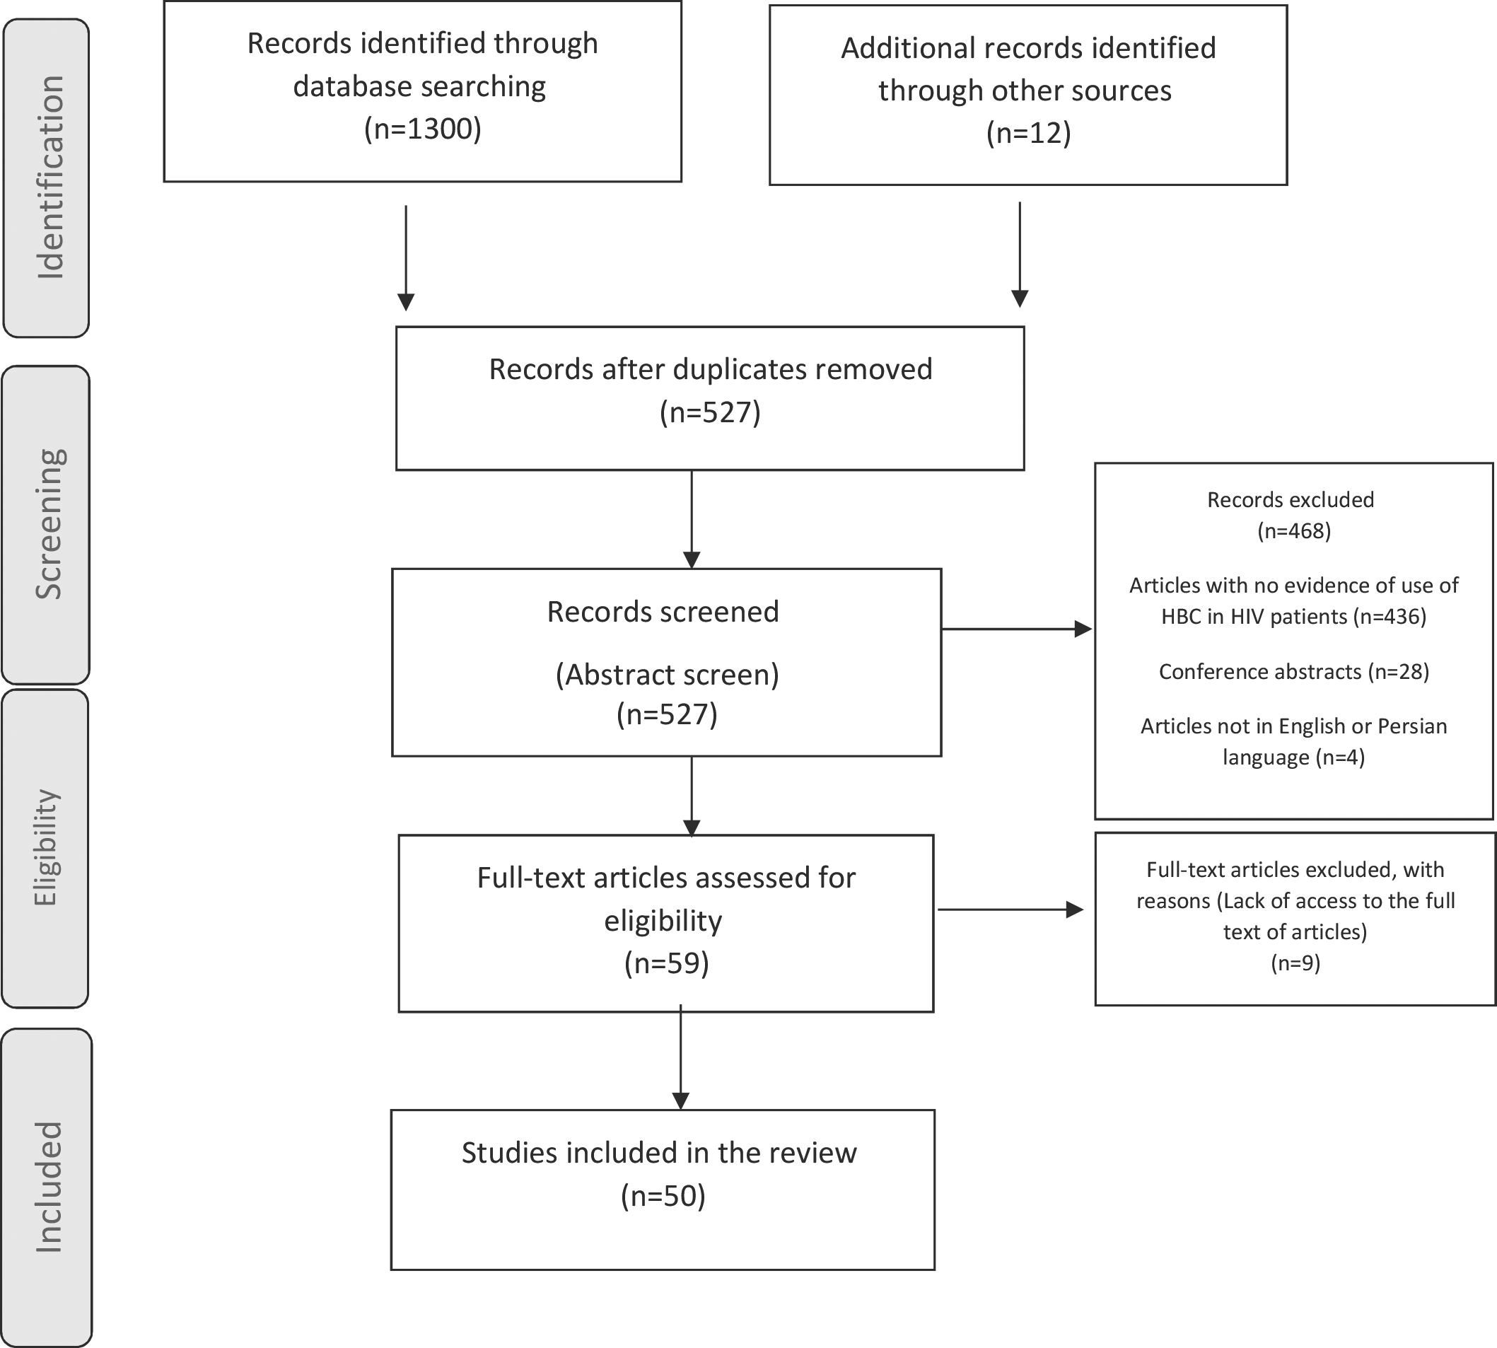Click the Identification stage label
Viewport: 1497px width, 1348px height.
pyautogui.click(x=50, y=178)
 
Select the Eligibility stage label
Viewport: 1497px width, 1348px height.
pyautogui.click(x=45, y=848)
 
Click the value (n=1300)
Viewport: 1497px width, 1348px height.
pyautogui.click(x=423, y=129)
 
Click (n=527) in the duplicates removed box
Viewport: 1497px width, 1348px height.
pyautogui.click(x=710, y=412)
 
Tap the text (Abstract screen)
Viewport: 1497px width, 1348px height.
pyautogui.click(x=667, y=675)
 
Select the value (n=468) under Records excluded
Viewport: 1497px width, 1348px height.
pyautogui.click(x=1293, y=531)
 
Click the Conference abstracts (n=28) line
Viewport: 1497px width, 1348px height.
pyautogui.click(x=1293, y=671)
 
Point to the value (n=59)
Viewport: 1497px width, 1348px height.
pyautogui.click(x=666, y=963)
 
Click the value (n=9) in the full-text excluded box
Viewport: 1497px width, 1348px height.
pyautogui.click(x=1295, y=963)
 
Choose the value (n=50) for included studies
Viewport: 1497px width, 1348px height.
pyautogui.click(x=663, y=1195)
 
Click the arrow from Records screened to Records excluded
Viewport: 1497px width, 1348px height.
pyautogui.click(x=1017, y=629)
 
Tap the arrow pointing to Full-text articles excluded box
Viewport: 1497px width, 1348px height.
pyautogui.click(x=1010, y=910)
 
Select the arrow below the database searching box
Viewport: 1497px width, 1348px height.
pyautogui.click(x=406, y=257)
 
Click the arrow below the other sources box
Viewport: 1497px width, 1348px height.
pyautogui.click(x=1020, y=254)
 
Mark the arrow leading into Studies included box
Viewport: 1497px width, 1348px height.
pyautogui.click(x=680, y=1057)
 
